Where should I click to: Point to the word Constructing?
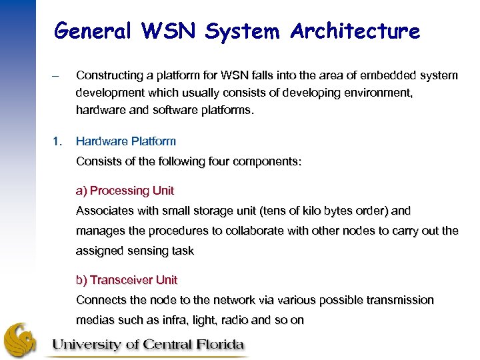[109, 76]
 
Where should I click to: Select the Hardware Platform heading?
[126, 141]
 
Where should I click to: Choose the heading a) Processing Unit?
[125, 191]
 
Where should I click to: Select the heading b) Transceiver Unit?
[127, 280]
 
